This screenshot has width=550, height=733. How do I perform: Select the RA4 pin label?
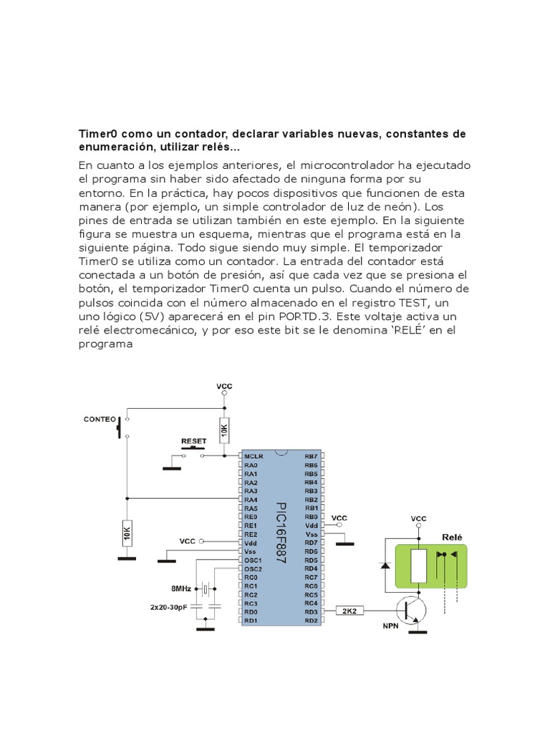(x=250, y=499)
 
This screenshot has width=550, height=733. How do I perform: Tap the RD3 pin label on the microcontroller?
(x=310, y=611)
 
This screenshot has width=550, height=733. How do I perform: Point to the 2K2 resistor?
(x=349, y=611)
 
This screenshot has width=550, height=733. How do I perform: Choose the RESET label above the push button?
(x=193, y=441)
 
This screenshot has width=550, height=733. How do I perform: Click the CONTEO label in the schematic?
(x=99, y=419)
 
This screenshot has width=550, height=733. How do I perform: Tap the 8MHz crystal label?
(x=180, y=588)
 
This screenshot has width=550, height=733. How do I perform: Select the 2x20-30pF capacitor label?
(x=170, y=607)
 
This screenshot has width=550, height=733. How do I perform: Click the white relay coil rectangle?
(x=418, y=565)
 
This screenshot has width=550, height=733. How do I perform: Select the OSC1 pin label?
(x=252, y=560)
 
